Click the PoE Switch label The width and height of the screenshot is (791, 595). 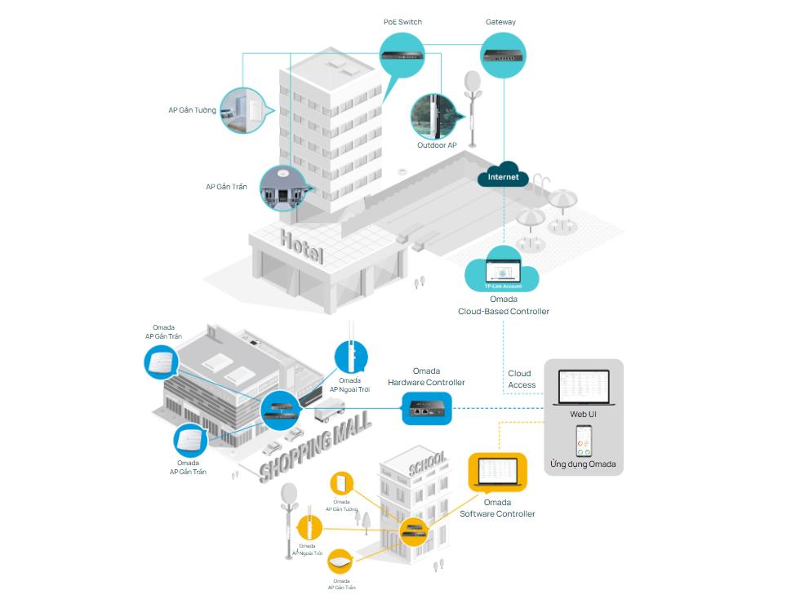point(402,21)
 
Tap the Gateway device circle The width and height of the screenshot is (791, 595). point(500,55)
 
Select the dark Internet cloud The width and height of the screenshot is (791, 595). point(503,176)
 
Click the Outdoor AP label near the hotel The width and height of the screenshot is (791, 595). point(437,145)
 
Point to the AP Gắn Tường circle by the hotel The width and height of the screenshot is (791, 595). point(244,110)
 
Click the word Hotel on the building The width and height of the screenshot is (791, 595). point(301,246)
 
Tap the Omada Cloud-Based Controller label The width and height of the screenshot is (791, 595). point(503,305)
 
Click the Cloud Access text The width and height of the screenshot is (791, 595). point(522,379)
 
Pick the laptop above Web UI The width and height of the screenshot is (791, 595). point(583,388)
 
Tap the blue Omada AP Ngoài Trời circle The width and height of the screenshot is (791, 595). point(351,357)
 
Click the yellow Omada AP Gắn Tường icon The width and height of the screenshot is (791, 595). point(341,482)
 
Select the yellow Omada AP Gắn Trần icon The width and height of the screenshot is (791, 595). point(341,561)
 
